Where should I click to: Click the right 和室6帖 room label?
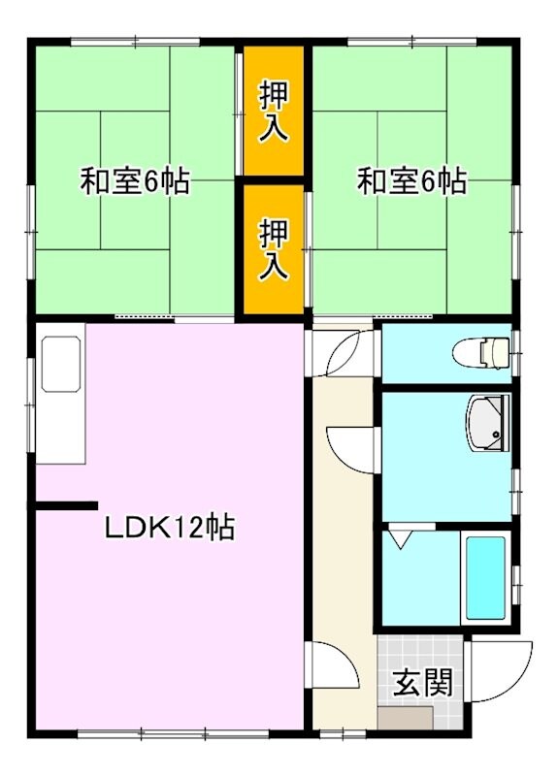pos(411,181)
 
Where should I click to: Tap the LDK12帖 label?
pos(169,528)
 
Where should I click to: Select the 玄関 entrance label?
pos(422,683)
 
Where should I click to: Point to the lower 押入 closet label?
pos(274,249)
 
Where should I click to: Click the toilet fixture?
pos(484,351)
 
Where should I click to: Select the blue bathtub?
pos(484,576)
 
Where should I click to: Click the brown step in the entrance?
pos(405,719)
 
